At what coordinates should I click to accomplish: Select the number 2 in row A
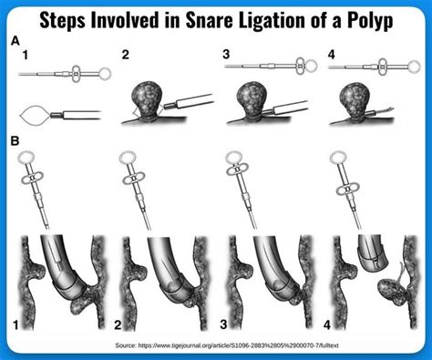[125, 55]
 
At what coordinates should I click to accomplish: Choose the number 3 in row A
[224, 55]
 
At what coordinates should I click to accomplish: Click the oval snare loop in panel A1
[34, 113]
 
